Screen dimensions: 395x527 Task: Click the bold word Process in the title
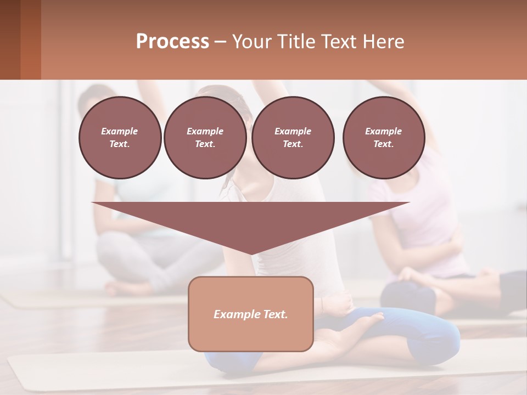pos(172,42)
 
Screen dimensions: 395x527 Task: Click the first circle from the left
pos(120,138)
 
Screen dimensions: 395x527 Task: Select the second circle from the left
pos(205,138)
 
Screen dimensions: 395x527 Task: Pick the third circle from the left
pos(293,138)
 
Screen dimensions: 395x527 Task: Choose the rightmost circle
pos(384,138)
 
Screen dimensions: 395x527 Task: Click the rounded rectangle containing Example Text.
pos(251,314)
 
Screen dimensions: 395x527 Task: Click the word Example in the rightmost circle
pos(384,131)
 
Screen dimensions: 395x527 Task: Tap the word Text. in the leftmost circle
pos(120,144)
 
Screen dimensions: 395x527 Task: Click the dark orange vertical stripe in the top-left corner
pos(31,39)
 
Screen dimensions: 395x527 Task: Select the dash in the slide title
pos(221,42)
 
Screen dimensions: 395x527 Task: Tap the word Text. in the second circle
pos(205,144)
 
